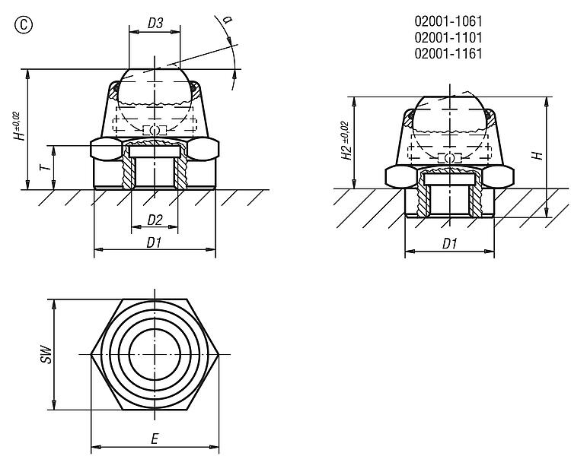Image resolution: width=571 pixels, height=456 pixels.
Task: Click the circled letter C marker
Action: coord(24,25)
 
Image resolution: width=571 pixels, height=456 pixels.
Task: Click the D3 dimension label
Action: coord(155,24)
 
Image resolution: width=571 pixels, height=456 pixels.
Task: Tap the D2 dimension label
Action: coord(155,220)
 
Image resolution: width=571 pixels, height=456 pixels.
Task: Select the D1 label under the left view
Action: coord(154,242)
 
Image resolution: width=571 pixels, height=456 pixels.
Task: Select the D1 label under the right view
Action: coord(449,244)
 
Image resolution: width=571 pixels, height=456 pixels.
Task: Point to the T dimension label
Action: coord(45,167)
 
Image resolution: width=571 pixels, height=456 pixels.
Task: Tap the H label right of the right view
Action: coord(538,156)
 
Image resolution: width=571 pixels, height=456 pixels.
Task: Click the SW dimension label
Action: coord(46,354)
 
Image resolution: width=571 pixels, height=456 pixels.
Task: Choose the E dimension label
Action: coord(155,439)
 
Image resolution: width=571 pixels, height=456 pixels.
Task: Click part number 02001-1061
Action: coord(448,21)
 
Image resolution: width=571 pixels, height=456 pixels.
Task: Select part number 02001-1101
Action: coord(448,37)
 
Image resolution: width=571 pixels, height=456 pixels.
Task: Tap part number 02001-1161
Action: coord(448,53)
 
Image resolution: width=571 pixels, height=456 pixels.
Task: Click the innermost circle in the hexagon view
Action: coord(155,329)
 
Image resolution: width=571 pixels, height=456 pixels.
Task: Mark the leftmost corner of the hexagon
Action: coord(91,355)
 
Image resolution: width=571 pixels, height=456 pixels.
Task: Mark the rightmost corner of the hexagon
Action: coord(219,355)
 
